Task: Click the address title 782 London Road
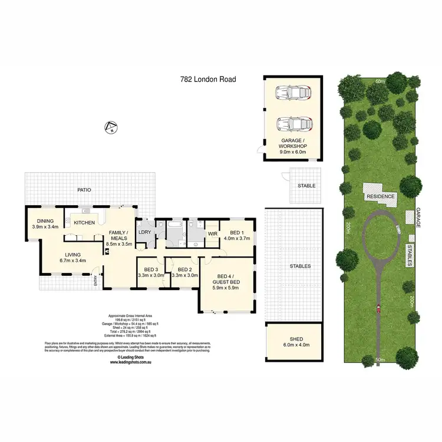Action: tap(207, 78)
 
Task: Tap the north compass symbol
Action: tap(108, 126)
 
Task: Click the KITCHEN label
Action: tap(84, 222)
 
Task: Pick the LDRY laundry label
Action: tap(144, 232)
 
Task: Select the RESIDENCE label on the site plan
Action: tap(380, 196)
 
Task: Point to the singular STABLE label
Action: tap(306, 186)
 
